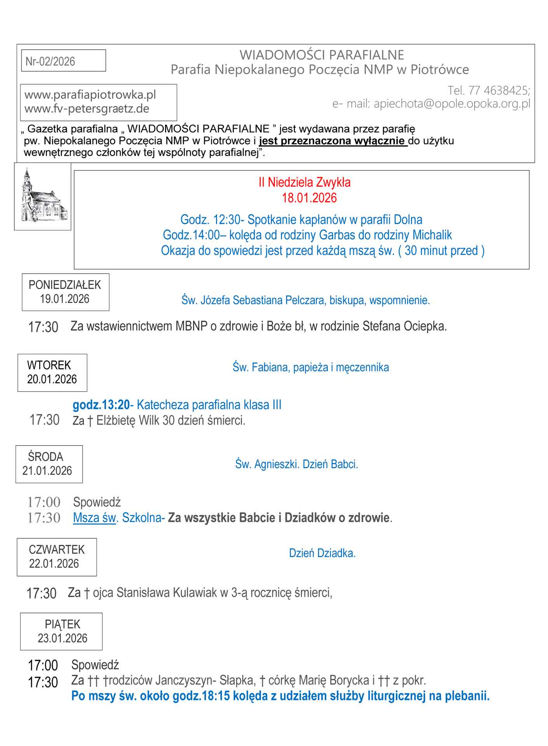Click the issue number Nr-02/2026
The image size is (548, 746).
point(50,61)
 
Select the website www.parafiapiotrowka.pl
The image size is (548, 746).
point(90,95)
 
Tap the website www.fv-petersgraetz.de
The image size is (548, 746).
point(87,109)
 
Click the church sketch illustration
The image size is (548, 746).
point(43,197)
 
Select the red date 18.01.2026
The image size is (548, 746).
point(309,198)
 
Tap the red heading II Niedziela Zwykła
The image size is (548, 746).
point(304,182)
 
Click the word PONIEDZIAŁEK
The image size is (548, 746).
point(65,285)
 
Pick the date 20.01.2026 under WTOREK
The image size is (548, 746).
point(52,379)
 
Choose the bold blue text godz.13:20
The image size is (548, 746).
point(101,405)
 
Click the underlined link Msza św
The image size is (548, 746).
point(94,518)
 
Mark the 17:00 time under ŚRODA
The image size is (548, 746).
point(44,502)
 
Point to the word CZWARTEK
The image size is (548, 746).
point(57,550)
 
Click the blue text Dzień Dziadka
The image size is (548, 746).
point(322,553)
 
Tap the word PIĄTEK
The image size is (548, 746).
point(63,624)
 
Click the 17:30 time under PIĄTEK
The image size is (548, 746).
point(43,682)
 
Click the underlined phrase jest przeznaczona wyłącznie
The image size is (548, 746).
point(332,141)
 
